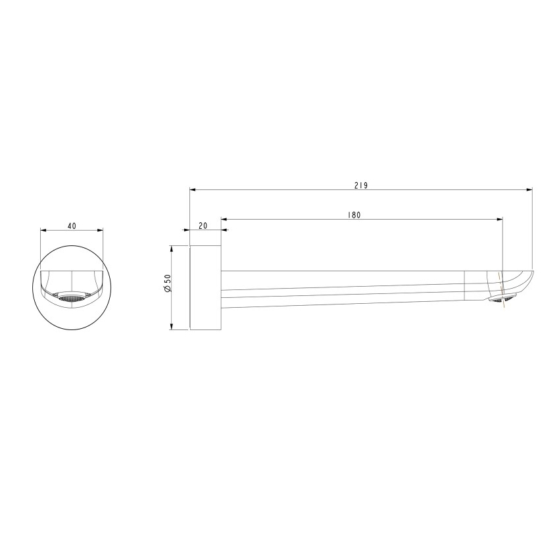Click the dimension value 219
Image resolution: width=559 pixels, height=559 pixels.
pyautogui.click(x=360, y=185)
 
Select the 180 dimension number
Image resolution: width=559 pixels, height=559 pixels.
pyautogui.click(x=355, y=214)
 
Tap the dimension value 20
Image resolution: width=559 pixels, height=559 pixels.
pyautogui.click(x=203, y=226)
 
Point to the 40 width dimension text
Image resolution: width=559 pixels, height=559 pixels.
pyautogui.click(x=72, y=226)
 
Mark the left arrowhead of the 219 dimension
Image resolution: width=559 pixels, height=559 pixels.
pyautogui.click(x=193, y=190)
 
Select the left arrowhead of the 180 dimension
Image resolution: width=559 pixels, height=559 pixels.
pyautogui.click(x=224, y=218)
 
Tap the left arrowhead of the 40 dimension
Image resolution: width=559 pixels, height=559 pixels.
pyautogui.click(x=43, y=230)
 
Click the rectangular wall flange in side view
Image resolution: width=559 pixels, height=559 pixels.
pyautogui.click(x=205, y=288)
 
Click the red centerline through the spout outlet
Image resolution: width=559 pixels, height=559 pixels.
pyautogui.click(x=503, y=283)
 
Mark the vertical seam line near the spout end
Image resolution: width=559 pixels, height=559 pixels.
pyautogui.click(x=465, y=285)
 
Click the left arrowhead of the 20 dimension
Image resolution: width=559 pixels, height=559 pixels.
pyautogui.click(x=193, y=230)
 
